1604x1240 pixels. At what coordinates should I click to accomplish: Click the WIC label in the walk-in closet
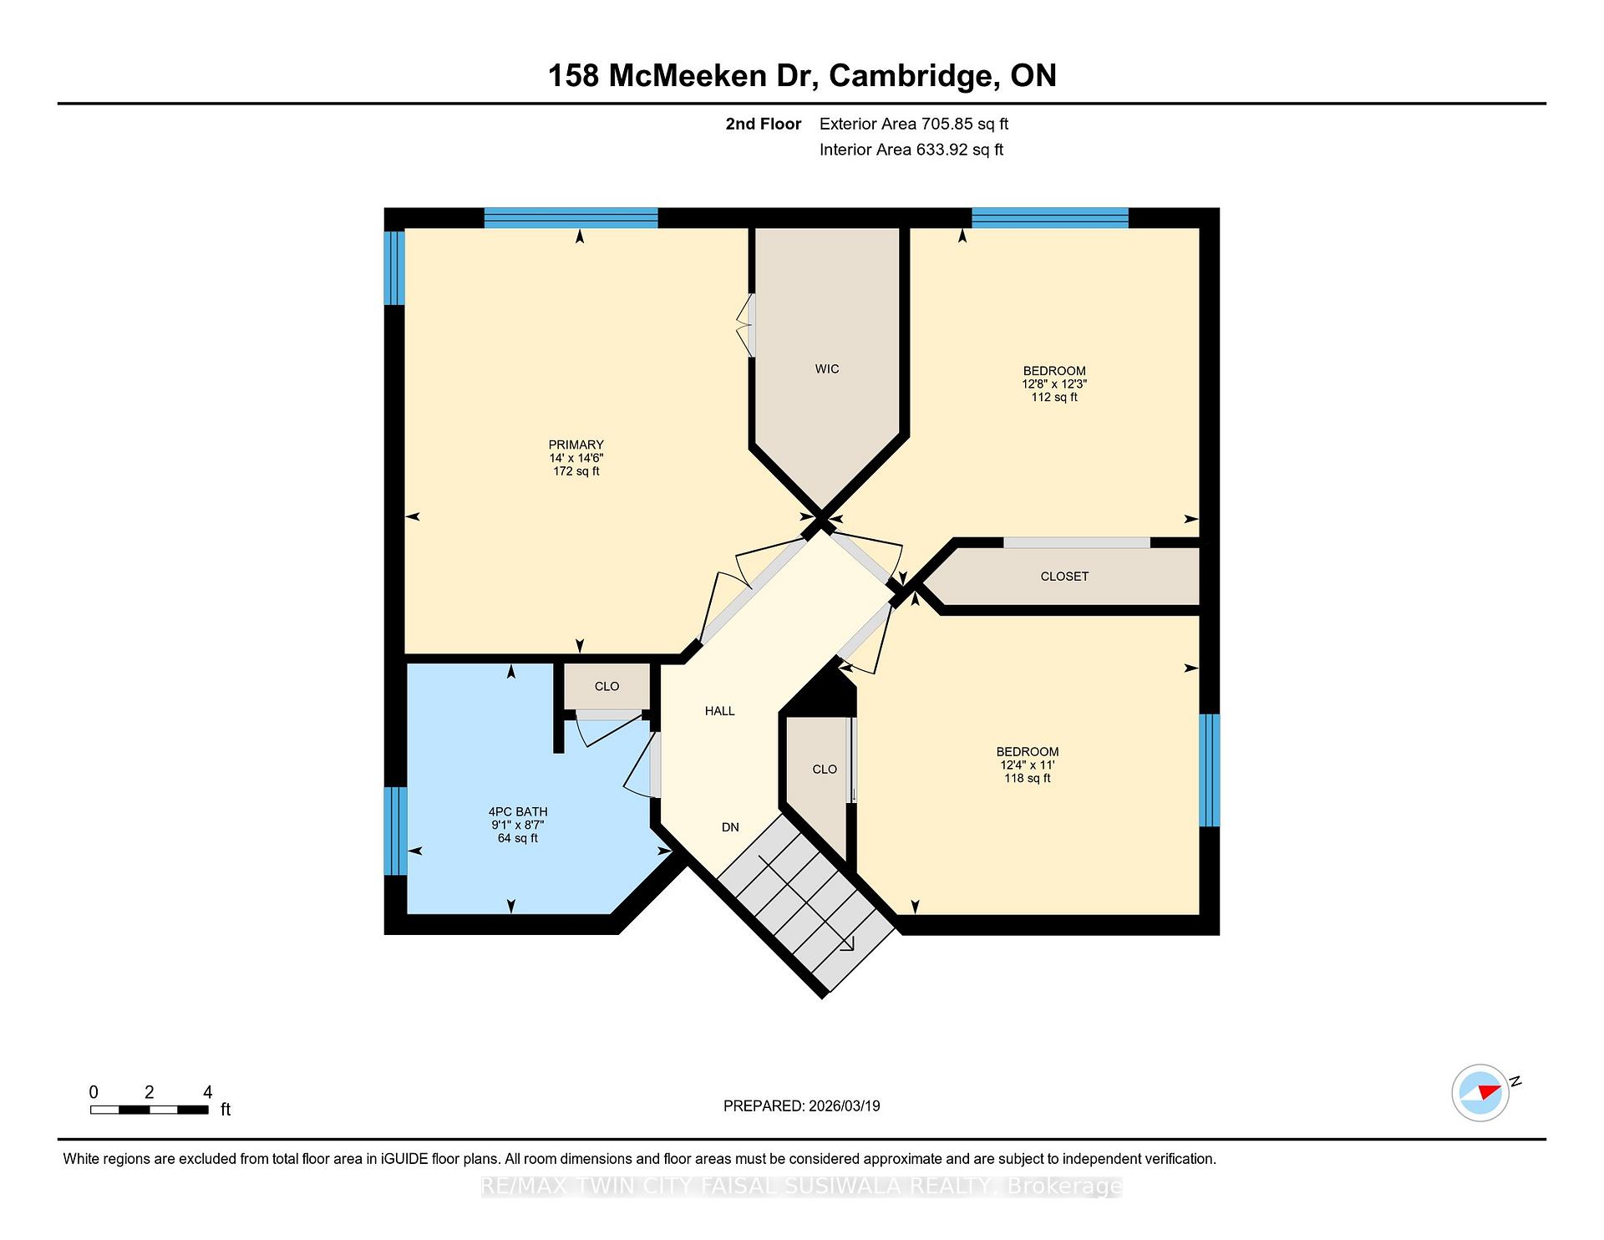tap(827, 368)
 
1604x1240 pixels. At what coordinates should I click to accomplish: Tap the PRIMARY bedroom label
tap(576, 445)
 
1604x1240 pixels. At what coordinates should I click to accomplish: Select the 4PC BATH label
tap(518, 811)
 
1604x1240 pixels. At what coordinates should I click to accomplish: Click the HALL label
tap(719, 711)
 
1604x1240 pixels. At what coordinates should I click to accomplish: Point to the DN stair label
tap(730, 827)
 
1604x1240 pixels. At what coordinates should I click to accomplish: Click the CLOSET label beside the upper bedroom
tap(1064, 577)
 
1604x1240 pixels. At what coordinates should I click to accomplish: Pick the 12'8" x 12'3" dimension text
tap(1054, 384)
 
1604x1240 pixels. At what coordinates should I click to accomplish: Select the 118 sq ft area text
tap(1028, 778)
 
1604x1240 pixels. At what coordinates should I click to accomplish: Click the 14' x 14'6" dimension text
tap(576, 458)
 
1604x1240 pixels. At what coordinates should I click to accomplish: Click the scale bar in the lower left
tap(150, 1110)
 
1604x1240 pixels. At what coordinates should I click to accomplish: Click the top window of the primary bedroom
tap(571, 218)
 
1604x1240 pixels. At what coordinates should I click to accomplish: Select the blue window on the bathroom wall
tap(395, 831)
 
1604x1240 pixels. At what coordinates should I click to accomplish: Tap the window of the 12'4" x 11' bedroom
tap(1210, 770)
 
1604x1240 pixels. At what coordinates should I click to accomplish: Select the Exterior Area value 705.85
tap(947, 124)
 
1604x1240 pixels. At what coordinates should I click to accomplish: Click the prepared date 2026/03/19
tap(845, 1105)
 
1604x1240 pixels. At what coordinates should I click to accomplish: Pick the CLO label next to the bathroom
tap(607, 687)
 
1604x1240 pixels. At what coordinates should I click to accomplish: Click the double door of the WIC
tap(746, 325)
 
